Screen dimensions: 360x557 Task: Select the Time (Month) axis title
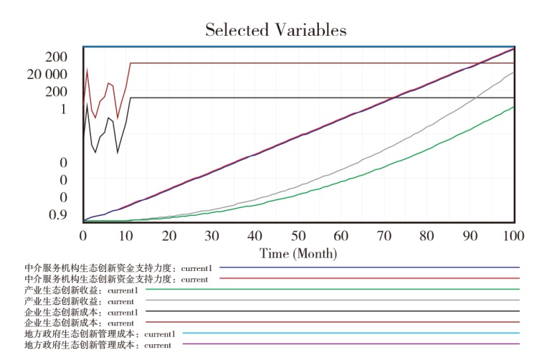click(x=298, y=253)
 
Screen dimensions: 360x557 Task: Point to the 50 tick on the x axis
click(x=298, y=236)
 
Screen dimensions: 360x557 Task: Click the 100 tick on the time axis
click(x=513, y=236)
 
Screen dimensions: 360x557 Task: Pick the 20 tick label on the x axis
click(x=169, y=236)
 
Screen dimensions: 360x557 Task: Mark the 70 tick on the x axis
click(x=384, y=236)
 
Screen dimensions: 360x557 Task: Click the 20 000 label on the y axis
click(x=47, y=75)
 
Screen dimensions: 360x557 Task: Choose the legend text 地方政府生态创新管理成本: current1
click(x=100, y=334)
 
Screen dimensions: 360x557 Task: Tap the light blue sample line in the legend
click(x=351, y=333)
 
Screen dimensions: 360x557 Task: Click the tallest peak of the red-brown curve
click(x=87, y=69)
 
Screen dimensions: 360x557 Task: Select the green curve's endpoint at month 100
click(x=513, y=107)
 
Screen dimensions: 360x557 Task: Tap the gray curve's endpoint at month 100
click(x=513, y=72)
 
